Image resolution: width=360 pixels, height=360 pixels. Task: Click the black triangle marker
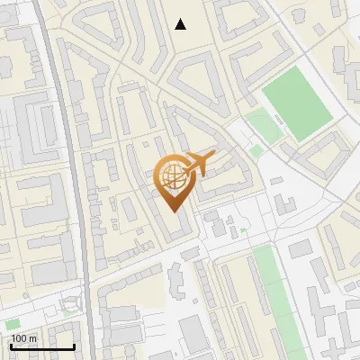(181, 24)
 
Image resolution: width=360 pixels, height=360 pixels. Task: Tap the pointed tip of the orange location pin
(175, 211)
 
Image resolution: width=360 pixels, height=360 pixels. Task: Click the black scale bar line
(42, 347)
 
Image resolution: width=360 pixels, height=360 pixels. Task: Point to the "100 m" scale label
(23, 338)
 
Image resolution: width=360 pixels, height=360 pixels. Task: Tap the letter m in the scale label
(32, 338)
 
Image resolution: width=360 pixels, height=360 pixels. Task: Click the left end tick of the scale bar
(11, 346)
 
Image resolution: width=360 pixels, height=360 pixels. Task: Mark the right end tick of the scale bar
(74, 346)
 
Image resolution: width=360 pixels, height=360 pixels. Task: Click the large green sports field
(298, 103)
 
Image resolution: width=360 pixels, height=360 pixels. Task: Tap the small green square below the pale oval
(256, 149)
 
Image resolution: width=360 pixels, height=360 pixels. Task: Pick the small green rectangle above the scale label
(13, 323)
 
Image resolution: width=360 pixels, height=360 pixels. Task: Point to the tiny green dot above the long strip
(241, 230)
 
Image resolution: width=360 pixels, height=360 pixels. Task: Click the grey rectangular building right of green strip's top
(301, 248)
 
